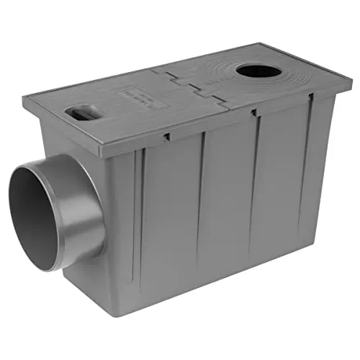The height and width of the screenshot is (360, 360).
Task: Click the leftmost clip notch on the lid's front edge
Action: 166,135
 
